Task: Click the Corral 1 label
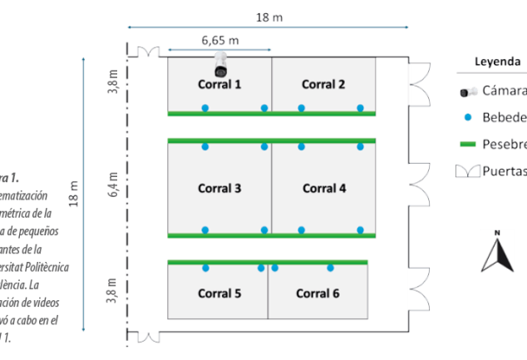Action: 219,84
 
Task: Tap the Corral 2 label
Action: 323,84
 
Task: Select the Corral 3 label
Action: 219,189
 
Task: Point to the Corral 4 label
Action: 323,189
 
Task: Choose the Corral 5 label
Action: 219,293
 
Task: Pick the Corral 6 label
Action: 318,293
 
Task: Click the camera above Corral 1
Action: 220,62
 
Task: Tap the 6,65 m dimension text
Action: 220,40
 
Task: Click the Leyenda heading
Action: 497,62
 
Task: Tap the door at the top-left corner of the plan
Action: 147,52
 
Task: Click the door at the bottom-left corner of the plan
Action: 147,337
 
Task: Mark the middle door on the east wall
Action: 419,182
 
